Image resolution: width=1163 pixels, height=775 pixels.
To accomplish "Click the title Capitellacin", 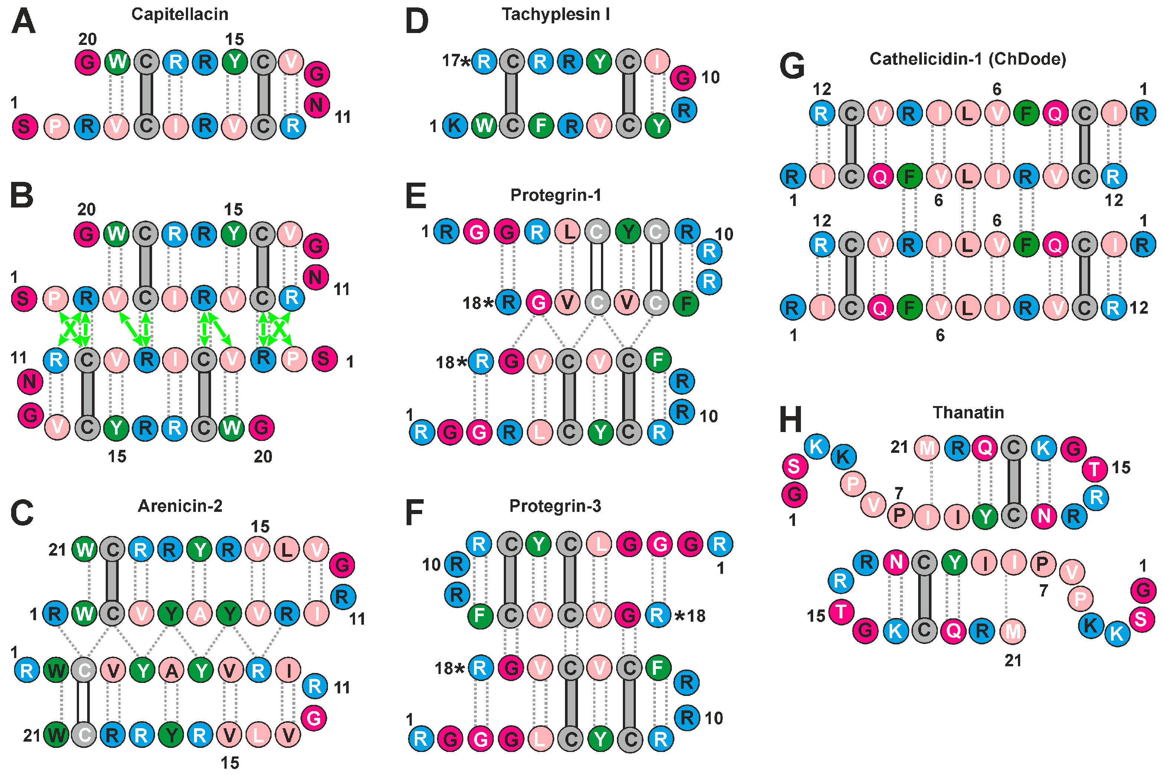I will tap(180, 14).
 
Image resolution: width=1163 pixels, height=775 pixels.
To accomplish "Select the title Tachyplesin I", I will tap(556, 14).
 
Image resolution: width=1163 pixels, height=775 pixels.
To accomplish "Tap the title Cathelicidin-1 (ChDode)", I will tap(967, 59).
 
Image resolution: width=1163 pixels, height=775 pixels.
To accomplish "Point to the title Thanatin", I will tap(968, 412).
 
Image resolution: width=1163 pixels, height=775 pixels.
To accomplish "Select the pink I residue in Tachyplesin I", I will tap(657, 62).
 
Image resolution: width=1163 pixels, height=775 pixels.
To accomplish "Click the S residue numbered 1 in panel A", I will tap(25, 127).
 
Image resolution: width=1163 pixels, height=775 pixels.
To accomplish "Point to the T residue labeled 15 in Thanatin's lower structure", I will tap(841, 612).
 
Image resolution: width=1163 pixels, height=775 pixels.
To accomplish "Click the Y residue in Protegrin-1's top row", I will tap(628, 231).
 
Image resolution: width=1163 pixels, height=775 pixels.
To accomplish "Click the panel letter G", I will tap(792, 66).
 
